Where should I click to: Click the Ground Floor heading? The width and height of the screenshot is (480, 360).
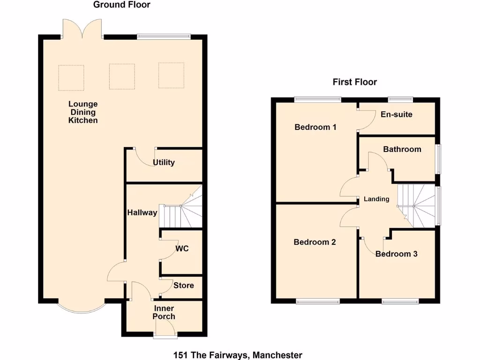click(122, 5)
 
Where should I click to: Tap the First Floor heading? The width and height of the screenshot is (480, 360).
click(355, 82)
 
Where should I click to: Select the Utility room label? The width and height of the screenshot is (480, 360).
click(164, 163)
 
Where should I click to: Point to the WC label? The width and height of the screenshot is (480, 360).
click(182, 248)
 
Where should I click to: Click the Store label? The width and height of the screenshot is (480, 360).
click(183, 285)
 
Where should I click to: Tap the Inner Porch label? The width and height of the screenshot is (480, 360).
click(164, 312)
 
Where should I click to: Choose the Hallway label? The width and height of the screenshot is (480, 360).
click(142, 212)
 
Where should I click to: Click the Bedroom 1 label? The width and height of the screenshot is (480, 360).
click(315, 127)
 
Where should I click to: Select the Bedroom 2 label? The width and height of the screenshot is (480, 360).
click(315, 242)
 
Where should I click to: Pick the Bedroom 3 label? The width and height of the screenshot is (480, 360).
click(396, 254)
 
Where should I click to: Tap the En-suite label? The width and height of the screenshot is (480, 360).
click(396, 114)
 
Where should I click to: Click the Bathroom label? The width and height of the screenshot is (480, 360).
click(402, 150)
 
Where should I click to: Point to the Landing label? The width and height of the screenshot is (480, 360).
click(376, 199)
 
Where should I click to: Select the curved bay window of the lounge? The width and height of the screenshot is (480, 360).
click(82, 307)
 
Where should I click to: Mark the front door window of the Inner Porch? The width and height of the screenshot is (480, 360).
click(165, 336)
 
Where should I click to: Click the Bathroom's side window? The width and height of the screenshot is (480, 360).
click(439, 159)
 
